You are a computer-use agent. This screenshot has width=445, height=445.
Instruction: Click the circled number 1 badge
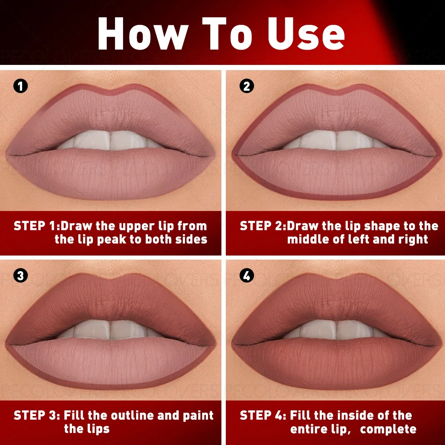20,86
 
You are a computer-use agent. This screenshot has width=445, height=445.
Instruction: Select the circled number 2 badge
247,86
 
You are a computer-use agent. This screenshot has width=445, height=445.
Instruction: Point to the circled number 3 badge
20,276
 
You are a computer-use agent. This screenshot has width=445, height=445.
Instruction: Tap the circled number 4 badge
247,276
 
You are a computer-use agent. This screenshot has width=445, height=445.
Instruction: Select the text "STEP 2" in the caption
262,226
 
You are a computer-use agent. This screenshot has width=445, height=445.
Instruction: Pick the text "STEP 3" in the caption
36,415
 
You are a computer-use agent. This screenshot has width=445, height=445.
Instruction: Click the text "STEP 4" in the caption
262,415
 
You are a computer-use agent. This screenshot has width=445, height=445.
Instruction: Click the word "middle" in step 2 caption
309,240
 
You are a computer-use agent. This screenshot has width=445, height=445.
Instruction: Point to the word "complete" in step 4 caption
388,429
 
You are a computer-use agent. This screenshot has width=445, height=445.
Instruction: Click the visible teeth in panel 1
110,141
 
